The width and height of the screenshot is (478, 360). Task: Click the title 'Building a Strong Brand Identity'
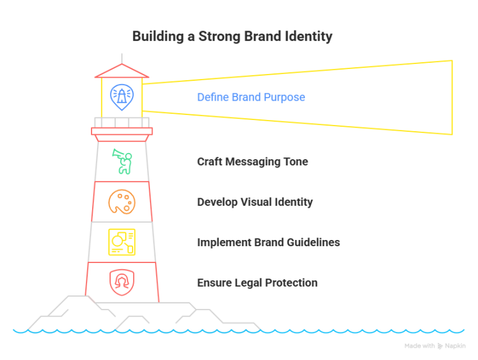[x=232, y=37]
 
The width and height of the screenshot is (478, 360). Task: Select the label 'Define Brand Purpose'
[x=251, y=98]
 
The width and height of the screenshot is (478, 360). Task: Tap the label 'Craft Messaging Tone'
[x=252, y=162]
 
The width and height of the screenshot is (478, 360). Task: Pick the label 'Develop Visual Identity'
[x=255, y=202]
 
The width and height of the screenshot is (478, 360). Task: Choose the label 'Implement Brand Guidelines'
[x=268, y=242]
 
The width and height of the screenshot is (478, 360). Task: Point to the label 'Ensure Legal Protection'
[x=257, y=283]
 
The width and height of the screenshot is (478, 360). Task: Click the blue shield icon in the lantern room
[x=121, y=96]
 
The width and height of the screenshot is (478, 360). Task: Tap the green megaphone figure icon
[x=121, y=161]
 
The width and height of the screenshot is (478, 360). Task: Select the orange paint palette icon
[x=121, y=202]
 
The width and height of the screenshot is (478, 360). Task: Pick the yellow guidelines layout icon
[x=121, y=242]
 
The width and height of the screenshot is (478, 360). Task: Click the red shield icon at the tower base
[x=121, y=282]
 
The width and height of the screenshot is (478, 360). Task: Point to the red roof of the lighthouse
[x=122, y=70]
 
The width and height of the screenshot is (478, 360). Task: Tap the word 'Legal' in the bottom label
[x=247, y=283]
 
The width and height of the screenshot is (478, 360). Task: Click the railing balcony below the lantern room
[x=122, y=122]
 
